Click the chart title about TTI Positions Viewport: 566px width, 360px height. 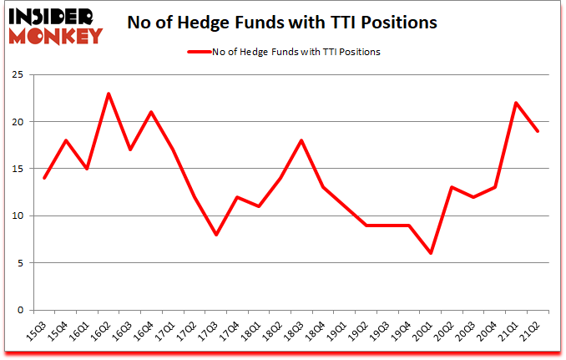coord(282,23)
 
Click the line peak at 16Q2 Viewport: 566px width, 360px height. coord(109,94)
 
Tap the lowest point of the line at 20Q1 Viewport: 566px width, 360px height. coord(432,253)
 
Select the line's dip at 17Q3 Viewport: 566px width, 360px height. coord(216,235)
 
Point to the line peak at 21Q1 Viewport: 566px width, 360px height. coord(518,103)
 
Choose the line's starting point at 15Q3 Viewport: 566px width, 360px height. coord(44,178)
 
